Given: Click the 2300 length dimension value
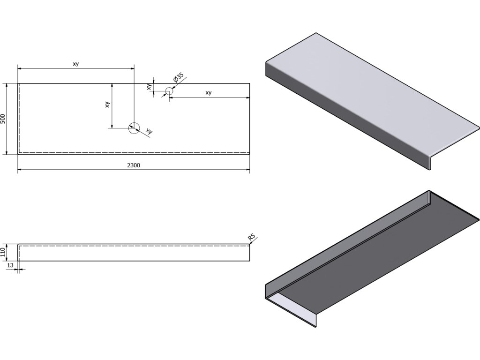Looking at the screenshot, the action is point(134,165).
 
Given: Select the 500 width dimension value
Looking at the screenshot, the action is point(3,119).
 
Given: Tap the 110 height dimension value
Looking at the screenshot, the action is point(3,252).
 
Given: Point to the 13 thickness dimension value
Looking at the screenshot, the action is point(10,265).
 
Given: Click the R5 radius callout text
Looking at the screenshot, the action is point(252,238).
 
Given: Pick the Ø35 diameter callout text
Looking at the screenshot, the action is point(178,78).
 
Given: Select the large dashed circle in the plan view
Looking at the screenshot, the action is point(134,127).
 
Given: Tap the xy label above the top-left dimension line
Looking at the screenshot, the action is point(75,64).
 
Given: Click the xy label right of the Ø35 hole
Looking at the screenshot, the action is point(209,93).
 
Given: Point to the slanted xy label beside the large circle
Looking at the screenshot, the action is point(149,132).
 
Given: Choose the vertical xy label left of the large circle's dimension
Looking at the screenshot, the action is point(107,105).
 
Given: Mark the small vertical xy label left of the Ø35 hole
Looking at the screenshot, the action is point(149,87).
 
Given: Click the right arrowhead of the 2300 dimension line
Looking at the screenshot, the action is point(247,169).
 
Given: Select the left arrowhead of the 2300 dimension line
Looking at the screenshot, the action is point(20,169).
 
